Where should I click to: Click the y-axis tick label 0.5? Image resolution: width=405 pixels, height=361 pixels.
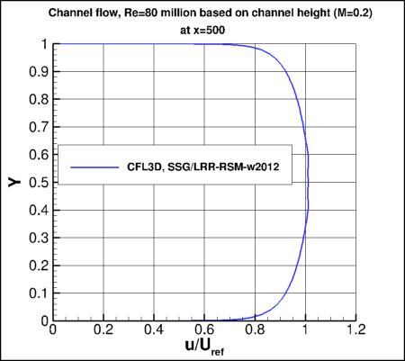39,183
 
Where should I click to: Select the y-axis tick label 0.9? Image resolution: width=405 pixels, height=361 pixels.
39,72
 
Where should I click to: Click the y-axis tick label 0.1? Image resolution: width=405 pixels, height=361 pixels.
39,293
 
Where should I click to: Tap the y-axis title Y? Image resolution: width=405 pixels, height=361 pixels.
15,182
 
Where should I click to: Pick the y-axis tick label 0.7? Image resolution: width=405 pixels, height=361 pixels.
39,127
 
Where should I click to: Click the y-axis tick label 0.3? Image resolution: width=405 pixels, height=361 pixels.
39,238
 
